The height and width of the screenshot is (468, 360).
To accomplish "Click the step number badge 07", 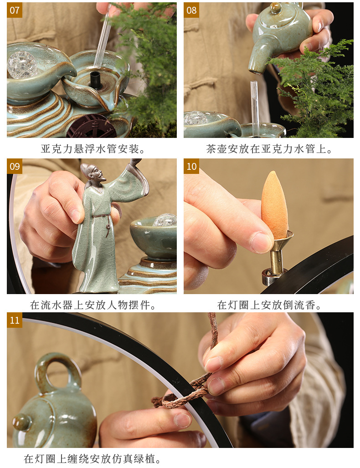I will [x=15, y=10].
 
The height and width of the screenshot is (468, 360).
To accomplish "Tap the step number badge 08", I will [x=191, y=10].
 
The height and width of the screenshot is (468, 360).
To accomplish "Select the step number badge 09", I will [x=15, y=166].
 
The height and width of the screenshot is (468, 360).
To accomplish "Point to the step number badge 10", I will [x=191, y=166].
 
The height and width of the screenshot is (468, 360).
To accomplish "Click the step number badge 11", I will [x=15, y=320].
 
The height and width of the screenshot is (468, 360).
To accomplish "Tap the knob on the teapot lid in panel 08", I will [x=276, y=8].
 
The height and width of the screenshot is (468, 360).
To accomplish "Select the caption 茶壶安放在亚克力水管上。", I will [x=269, y=149].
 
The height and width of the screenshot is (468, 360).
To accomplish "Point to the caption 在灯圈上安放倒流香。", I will [x=269, y=305].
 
